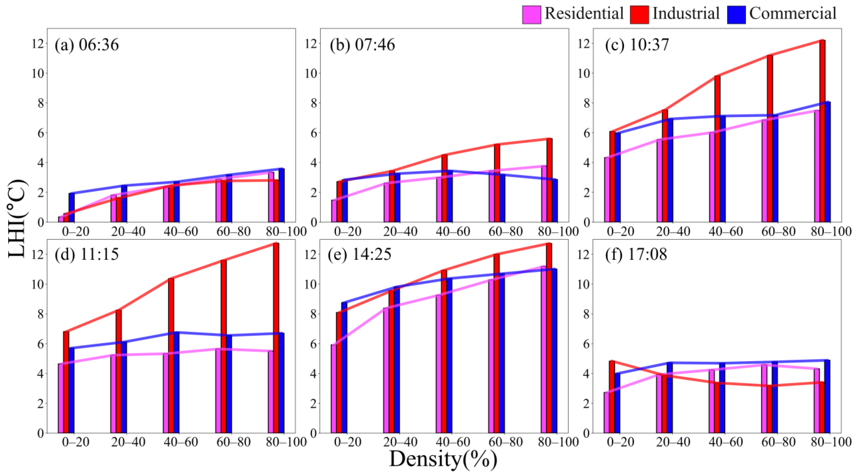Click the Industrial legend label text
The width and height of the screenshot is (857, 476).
pos(686,14)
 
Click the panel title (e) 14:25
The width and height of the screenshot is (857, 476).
pos(359,255)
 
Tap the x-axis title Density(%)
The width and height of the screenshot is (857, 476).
pos(443,459)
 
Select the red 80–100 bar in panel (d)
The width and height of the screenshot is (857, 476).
pos(276,338)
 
